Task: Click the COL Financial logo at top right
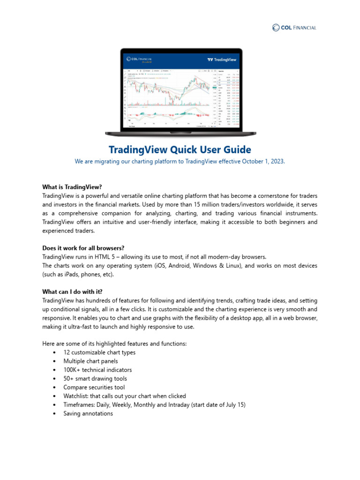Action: pos(294,28)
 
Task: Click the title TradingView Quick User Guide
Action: pos(180,150)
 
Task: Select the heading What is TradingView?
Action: pos(72,186)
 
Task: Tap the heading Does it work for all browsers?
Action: pos(83,247)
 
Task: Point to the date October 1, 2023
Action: pos(263,161)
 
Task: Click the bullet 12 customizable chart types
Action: pos(99,352)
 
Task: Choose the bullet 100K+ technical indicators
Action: pos(97,370)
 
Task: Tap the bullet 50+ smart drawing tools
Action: pos(95,378)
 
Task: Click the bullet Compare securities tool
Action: pos(94,387)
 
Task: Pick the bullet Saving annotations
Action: pos(88,413)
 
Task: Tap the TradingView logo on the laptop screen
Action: pos(222,60)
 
